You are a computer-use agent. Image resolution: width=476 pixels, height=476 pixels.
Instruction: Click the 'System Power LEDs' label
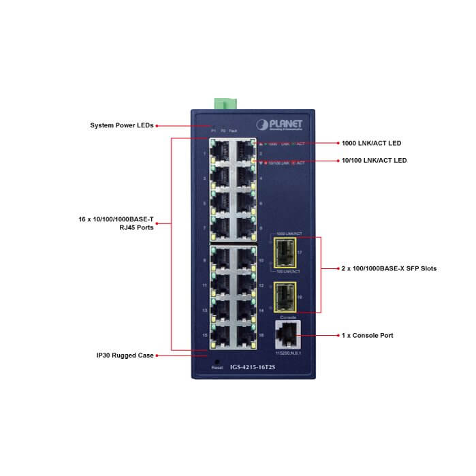(x=122, y=125)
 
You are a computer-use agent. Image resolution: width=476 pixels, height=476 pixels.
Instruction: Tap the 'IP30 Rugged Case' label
(x=125, y=355)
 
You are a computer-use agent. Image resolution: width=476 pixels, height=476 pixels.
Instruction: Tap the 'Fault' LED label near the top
(x=233, y=129)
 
